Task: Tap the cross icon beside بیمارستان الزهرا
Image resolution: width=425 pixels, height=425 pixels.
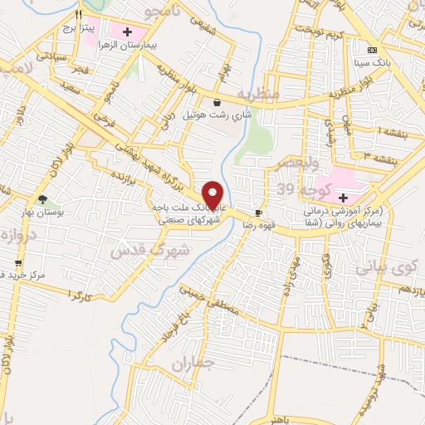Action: click(x=126, y=32)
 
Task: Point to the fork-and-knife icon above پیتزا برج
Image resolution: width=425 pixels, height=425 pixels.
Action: click(x=79, y=15)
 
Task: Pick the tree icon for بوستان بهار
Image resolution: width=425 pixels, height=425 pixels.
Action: click(x=42, y=199)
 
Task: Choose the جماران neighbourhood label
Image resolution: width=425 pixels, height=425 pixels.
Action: click(x=193, y=364)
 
